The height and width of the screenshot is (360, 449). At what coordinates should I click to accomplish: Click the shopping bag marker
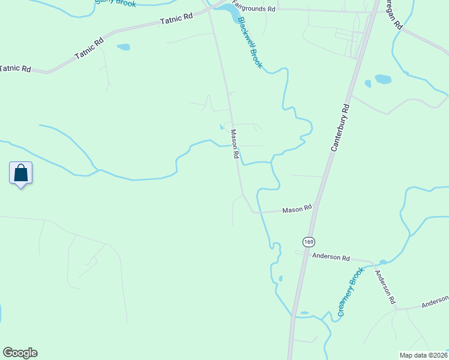tap(20, 173)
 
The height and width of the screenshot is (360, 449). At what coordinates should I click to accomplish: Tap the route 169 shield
tap(309, 242)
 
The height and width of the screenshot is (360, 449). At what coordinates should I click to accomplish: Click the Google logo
tap(20, 353)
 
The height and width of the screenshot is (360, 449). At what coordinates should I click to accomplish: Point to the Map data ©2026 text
tap(423, 355)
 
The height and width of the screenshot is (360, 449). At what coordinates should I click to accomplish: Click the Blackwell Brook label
tap(250, 42)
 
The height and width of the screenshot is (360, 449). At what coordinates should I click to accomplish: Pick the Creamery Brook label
tap(351, 292)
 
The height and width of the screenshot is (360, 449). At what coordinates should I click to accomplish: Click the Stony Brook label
tap(116, 2)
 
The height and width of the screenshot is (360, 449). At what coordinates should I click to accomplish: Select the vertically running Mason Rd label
tap(235, 144)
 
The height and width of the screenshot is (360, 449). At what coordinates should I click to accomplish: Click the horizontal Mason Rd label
tap(297, 209)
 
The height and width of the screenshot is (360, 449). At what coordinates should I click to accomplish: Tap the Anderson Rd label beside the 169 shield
tap(331, 257)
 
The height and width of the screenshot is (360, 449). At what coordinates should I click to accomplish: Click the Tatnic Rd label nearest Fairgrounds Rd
tap(176, 19)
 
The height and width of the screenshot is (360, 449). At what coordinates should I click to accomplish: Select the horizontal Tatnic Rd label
tap(15, 68)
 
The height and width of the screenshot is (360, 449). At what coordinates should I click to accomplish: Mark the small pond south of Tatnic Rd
tap(123, 47)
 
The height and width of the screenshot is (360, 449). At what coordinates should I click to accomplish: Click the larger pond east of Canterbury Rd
tap(383, 79)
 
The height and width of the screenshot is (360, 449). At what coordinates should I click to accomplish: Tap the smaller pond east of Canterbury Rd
tap(368, 83)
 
